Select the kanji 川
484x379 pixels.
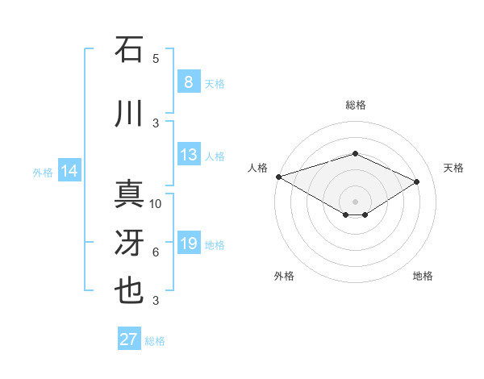pos(129,113)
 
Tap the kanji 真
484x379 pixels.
pos(129,194)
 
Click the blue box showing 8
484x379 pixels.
pos(188,82)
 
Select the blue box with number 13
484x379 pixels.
pos(188,155)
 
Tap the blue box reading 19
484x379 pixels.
pos(188,244)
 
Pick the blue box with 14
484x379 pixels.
pos(69,171)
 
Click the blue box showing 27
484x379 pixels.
pos(129,339)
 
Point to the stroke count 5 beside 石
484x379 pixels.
pos(156,58)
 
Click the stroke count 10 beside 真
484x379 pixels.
pos(156,203)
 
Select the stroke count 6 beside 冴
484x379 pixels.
pos(156,252)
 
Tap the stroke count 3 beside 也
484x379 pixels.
pos(156,301)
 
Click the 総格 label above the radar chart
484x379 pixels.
pos(355,105)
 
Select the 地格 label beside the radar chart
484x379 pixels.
pos(423,276)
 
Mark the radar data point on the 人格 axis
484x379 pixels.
pos(278,177)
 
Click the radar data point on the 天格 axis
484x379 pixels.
pos(417,181)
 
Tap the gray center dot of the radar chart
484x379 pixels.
pos(355,201)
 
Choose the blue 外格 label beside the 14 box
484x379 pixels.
pos(42,172)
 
